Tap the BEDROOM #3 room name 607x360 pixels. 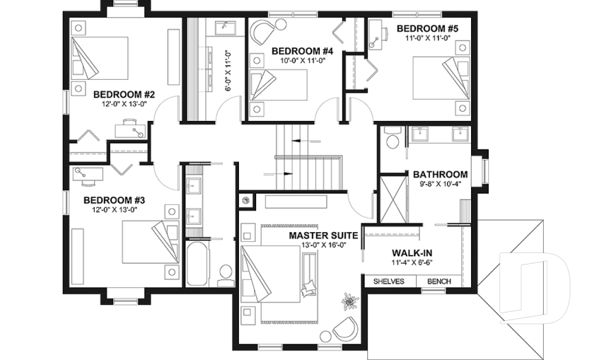coord(111,199)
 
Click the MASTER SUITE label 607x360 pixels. coord(324,235)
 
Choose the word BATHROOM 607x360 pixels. coord(440,175)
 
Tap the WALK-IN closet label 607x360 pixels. coord(411,252)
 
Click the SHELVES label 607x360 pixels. coord(389,282)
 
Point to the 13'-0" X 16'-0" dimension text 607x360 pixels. coord(324,245)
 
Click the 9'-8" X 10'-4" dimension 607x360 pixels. coord(440,185)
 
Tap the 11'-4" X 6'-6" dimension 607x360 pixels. coord(411,262)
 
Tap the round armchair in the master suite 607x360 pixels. coord(345,328)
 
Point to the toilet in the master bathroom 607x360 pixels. coord(392,140)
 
